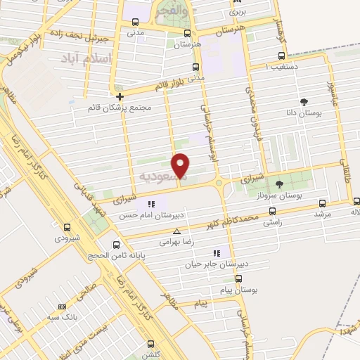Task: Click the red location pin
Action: pyautogui.click(x=181, y=166)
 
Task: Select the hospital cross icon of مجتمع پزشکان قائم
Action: pyautogui.click(x=120, y=96)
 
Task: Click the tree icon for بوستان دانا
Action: pyautogui.click(x=303, y=102)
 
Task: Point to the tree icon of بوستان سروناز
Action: pyautogui.click(x=279, y=184)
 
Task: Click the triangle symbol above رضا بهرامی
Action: pyautogui.click(x=176, y=231)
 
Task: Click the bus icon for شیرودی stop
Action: pyautogui.click(x=67, y=227)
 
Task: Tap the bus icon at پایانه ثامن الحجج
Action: pyautogui.click(x=117, y=245)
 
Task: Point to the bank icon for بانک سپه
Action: pyautogui.click(x=63, y=307)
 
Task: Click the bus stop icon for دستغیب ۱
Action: pyautogui.click(x=281, y=56)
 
